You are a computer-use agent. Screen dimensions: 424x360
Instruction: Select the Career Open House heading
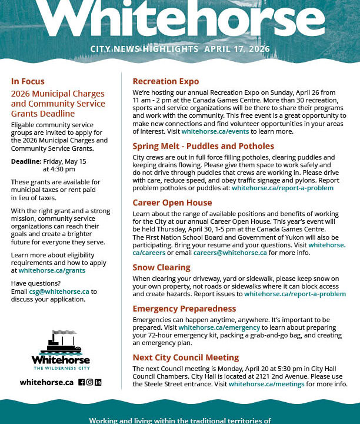(172, 203)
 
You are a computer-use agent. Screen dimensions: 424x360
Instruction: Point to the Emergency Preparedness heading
(184, 309)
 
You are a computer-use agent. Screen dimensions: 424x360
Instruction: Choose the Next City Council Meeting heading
(186, 357)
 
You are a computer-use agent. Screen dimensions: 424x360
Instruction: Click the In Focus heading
(28, 81)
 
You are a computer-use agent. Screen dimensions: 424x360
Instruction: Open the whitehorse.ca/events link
(215, 131)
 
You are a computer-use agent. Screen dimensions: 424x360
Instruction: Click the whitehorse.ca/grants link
(52, 270)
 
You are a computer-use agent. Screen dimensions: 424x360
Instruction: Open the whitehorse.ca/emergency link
(219, 327)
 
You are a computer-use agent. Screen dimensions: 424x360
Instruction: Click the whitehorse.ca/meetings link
(266, 384)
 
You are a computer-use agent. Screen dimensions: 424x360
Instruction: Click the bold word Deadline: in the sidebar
(26, 161)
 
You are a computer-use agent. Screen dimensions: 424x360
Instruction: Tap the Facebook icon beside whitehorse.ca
(82, 382)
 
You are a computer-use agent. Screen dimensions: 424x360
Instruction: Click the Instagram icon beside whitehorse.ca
(90, 382)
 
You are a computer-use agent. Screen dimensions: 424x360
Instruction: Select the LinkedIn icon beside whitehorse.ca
(98, 382)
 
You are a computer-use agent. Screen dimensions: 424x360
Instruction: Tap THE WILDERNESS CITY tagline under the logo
(61, 367)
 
